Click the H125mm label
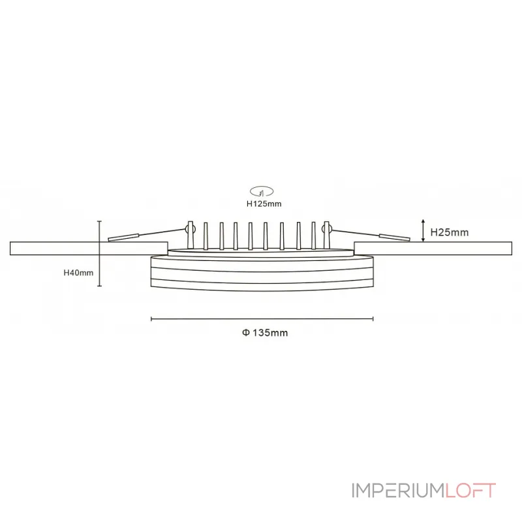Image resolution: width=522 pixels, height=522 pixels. (263, 204)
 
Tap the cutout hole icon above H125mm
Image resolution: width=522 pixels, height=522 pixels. (263, 192)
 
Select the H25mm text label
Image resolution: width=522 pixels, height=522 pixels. (450, 232)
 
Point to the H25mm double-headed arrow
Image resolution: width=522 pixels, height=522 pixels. (424, 231)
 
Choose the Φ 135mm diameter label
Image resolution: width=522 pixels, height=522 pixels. (264, 332)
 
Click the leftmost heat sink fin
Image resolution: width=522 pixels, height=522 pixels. (206, 236)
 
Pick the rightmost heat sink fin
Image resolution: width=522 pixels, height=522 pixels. (314, 236)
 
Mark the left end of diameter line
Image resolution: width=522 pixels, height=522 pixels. (151, 318)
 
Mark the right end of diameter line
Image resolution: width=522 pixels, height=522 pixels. (373, 318)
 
